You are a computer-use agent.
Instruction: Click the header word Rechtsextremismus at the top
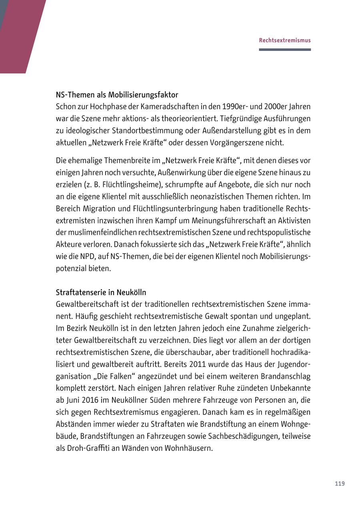coord(284,40)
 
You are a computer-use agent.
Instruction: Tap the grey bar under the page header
coord(284,50)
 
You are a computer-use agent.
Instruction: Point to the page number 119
coord(340,484)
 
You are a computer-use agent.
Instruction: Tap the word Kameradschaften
coord(160,107)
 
